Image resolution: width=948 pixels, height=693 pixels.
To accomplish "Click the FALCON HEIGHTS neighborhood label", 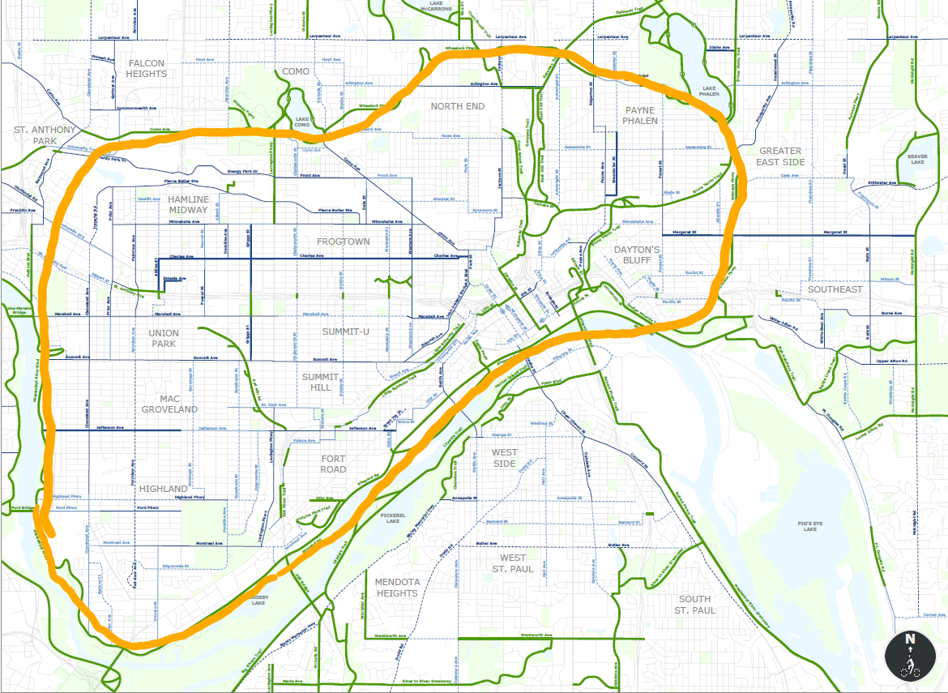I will pyautogui.click(x=146, y=68).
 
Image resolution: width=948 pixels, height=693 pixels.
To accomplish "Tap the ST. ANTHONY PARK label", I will pyautogui.click(x=45, y=135).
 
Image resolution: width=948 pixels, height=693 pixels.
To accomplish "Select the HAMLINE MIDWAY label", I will pyautogui.click(x=188, y=204).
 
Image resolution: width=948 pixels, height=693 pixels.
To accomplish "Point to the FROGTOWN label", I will pyautogui.click(x=343, y=242).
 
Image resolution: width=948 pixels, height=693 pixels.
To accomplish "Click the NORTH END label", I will pyautogui.click(x=457, y=106).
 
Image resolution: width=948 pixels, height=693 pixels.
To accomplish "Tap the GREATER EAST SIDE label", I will pyautogui.click(x=781, y=156).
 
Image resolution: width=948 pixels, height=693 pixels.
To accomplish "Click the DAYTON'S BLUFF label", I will pyautogui.click(x=637, y=255).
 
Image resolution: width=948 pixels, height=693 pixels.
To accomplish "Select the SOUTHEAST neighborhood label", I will pyautogui.click(x=835, y=289).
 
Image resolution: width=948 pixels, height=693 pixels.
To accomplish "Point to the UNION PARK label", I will pyautogui.click(x=164, y=338).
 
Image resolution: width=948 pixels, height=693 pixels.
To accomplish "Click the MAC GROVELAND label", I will pyautogui.click(x=169, y=404).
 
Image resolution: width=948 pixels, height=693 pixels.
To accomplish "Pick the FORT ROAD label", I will pyautogui.click(x=333, y=464).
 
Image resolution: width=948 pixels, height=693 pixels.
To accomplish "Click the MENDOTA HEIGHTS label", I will pyautogui.click(x=396, y=588).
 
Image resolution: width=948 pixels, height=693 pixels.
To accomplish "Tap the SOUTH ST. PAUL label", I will pyautogui.click(x=696, y=604).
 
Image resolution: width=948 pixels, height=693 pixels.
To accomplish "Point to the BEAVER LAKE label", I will pyautogui.click(x=916, y=157).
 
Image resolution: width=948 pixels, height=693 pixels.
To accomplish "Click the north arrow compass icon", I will pyautogui.click(x=910, y=656).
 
